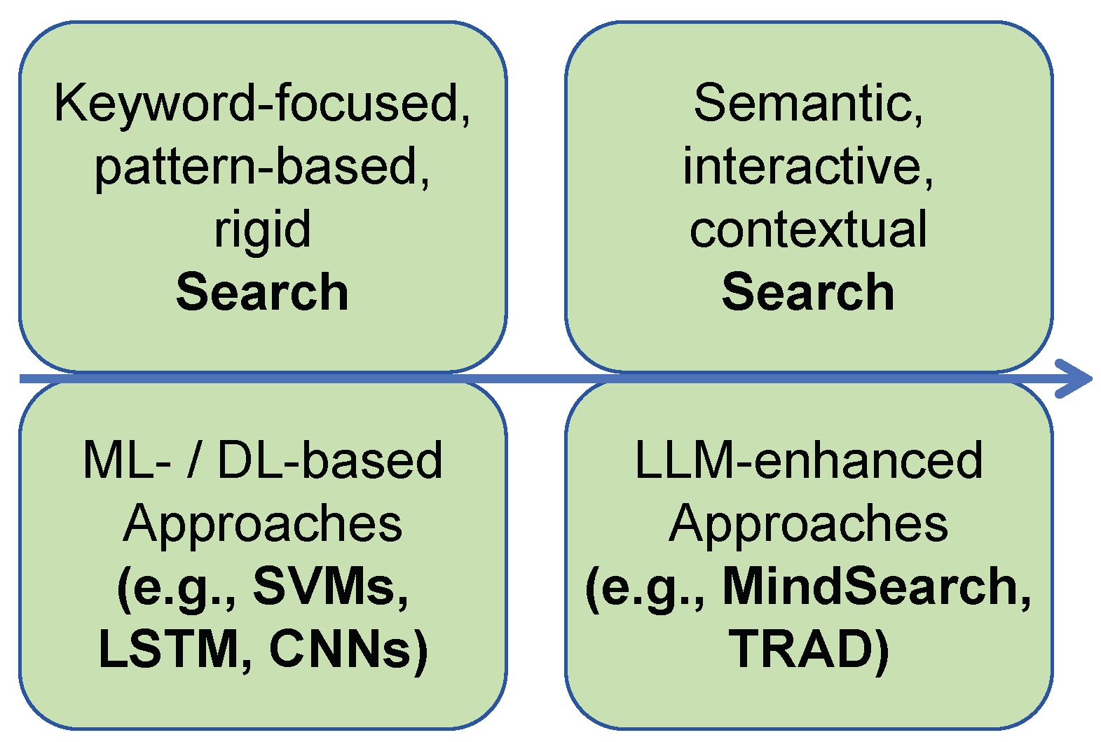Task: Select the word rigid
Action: coord(262,229)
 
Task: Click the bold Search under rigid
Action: coord(262,292)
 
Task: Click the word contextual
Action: coord(808,229)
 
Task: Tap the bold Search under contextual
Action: coord(808,292)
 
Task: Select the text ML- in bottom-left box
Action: coord(127,460)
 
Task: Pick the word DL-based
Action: coord(330,460)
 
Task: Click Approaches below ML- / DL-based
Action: coord(263,524)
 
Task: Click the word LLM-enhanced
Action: coord(808,460)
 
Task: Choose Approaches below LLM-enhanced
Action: coord(808,524)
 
